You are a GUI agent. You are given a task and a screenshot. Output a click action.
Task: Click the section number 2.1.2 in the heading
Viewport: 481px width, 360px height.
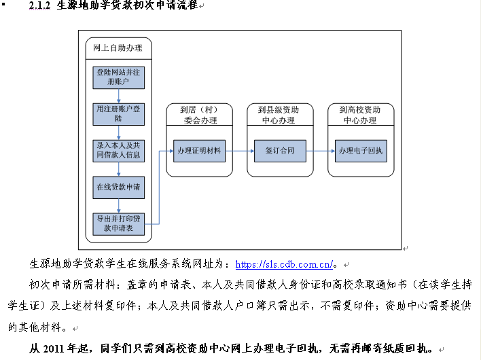click(x=40, y=5)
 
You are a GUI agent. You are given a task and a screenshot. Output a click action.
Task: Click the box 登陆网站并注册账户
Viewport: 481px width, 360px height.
click(x=119, y=77)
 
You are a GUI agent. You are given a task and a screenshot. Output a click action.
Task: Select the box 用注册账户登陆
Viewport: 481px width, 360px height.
click(x=119, y=113)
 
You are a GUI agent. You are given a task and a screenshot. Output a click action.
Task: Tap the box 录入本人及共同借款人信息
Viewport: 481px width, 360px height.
click(x=119, y=150)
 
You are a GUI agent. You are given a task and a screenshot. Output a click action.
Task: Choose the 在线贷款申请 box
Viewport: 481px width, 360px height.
click(x=119, y=186)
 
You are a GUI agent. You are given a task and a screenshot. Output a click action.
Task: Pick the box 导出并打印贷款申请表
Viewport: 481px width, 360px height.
click(x=119, y=223)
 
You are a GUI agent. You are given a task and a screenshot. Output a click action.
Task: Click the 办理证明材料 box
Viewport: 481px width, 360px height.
click(x=199, y=150)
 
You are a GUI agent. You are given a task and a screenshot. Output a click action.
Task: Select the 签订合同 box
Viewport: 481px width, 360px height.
click(x=279, y=150)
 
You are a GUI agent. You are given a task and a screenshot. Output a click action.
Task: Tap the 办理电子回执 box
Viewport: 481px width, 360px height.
click(x=360, y=150)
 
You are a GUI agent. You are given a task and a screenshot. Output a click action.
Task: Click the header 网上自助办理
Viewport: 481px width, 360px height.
click(x=118, y=48)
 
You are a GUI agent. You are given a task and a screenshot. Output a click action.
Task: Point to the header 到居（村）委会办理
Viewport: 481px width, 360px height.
click(x=200, y=115)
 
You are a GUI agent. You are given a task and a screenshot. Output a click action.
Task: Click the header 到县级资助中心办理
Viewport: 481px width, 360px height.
click(x=279, y=115)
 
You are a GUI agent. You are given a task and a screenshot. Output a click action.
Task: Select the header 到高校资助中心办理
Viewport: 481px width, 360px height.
click(x=360, y=115)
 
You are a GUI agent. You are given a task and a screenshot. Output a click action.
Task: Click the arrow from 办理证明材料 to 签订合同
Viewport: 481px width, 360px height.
click(x=240, y=151)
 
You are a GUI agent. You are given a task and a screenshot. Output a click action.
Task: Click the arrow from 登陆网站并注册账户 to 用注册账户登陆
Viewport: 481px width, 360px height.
click(x=119, y=95)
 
